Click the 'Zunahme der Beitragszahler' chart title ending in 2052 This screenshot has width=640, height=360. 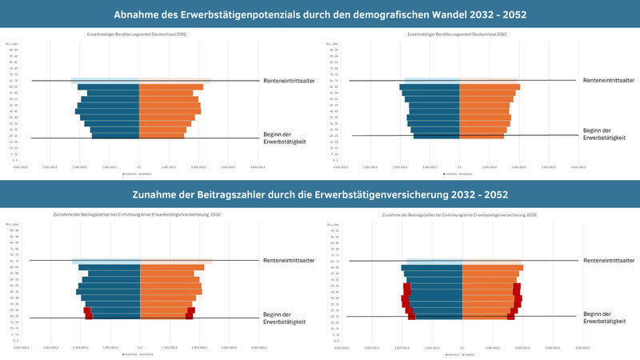coord(459,215)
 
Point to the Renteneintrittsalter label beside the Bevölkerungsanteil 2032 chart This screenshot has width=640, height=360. coord(288,81)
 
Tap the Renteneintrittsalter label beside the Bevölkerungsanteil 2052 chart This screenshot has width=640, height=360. coord(610,81)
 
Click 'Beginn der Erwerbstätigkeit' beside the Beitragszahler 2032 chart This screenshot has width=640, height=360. coord(284,318)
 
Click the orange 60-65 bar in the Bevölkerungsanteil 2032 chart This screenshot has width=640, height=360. coord(171,86)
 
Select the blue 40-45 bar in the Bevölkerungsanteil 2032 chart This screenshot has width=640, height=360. coord(109,111)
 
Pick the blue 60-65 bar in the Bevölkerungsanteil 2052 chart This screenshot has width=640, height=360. coord(430,86)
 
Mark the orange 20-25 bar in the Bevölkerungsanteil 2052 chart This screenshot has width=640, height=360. coord(482,136)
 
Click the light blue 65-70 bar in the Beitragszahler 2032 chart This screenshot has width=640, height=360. coord(106,261)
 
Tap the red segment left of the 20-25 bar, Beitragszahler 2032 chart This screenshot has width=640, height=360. coord(89,317)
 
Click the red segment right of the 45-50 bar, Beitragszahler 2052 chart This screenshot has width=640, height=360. coord(517,286)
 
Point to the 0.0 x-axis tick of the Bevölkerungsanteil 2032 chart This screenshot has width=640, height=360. coord(139,167)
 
